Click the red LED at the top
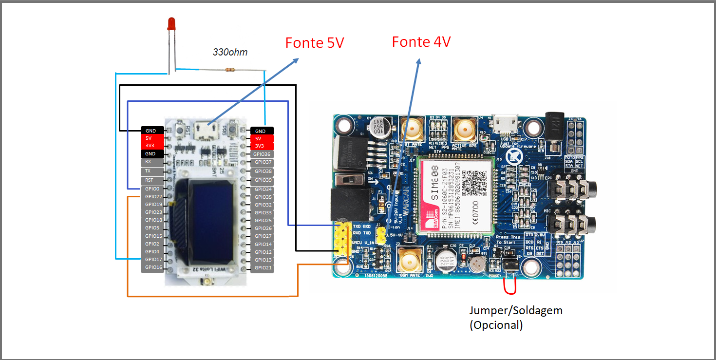point(171,24)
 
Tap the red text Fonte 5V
point(315,43)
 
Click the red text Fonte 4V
point(421,42)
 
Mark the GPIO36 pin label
point(262,154)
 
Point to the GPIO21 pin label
point(262,268)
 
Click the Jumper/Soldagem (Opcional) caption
point(515,318)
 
